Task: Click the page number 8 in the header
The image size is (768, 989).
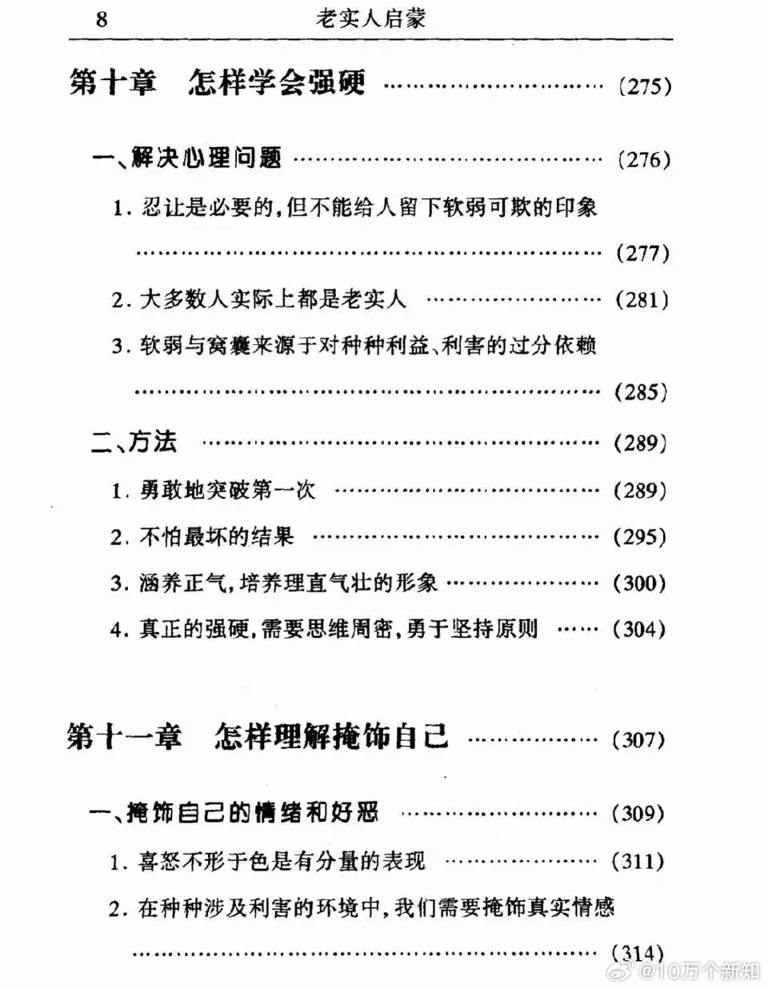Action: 102,19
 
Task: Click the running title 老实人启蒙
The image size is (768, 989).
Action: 371,19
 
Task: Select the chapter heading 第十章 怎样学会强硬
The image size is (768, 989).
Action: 218,83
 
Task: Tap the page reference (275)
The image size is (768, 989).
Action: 645,86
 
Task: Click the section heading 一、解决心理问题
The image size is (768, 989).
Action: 186,158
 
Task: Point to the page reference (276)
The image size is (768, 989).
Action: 644,160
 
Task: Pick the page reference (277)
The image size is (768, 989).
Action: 643,253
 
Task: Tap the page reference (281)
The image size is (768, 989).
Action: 642,300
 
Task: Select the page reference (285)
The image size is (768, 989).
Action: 641,392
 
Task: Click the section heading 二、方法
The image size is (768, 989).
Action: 134,441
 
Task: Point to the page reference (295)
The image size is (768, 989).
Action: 640,538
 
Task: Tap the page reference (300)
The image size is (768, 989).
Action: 639,583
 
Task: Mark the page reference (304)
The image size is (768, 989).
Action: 638,630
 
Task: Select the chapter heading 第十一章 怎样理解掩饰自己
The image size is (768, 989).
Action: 258,736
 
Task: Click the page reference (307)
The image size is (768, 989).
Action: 638,739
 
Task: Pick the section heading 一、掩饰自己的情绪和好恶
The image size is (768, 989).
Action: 234,812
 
